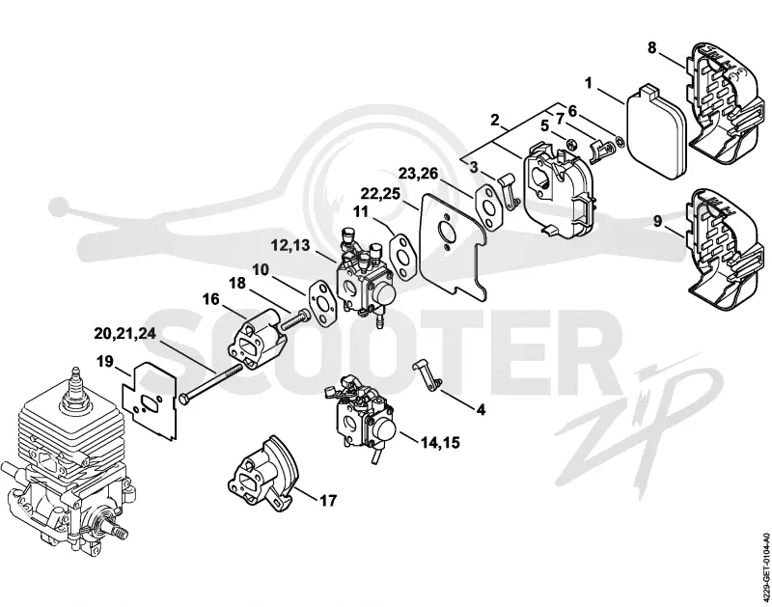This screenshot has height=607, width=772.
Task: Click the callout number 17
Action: (x=328, y=501)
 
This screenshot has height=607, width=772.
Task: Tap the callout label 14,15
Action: (x=440, y=443)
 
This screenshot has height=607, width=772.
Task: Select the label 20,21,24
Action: (x=125, y=333)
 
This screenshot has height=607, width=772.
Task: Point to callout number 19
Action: (x=105, y=362)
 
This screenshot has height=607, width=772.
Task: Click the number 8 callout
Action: (x=652, y=48)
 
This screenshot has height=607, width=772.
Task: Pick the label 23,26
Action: (x=419, y=174)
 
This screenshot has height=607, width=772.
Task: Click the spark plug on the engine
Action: (x=75, y=386)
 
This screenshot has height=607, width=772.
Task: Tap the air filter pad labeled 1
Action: (x=654, y=133)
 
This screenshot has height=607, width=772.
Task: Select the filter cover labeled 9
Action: (x=723, y=250)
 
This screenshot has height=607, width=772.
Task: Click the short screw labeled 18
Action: (x=294, y=319)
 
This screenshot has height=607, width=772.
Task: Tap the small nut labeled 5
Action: (x=572, y=145)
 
